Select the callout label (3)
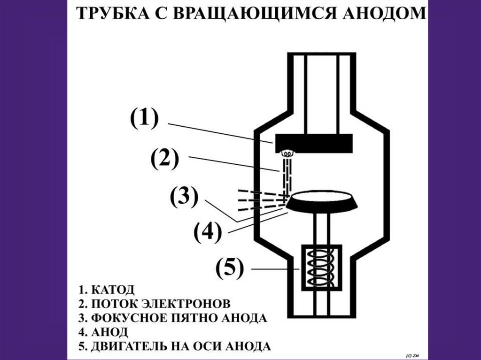tap(184, 197)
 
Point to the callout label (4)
tap(207, 232)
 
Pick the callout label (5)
tap(230, 269)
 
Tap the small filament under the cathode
tap(286, 153)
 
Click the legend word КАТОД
tap(113, 288)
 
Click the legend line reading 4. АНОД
tap(103, 332)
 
